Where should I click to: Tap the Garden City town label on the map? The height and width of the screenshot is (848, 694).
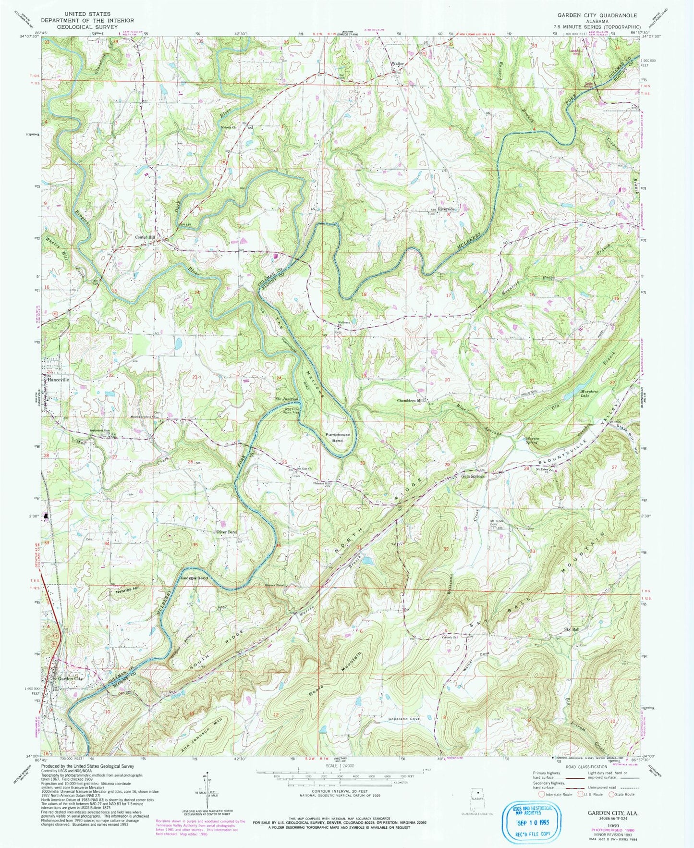click(x=71, y=679)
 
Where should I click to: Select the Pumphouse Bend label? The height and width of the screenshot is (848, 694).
click(x=338, y=437)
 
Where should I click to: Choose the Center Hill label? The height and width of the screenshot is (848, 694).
click(x=145, y=237)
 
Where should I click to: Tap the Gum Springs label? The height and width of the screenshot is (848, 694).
click(x=473, y=476)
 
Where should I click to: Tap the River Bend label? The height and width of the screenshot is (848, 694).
click(x=227, y=532)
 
